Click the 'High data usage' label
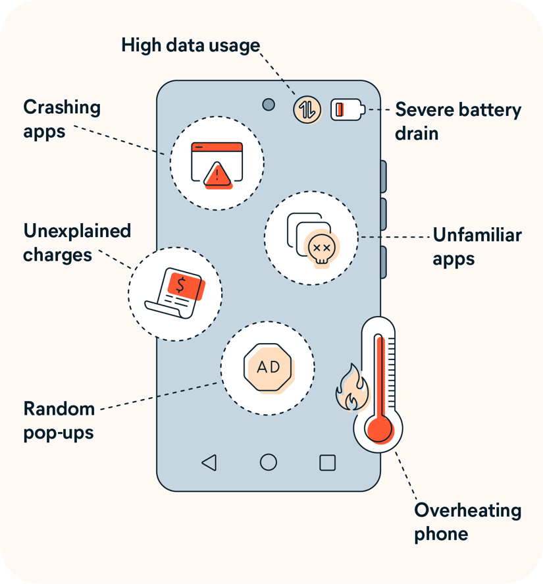[x=191, y=45]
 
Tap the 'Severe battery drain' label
[x=457, y=121]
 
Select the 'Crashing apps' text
[x=62, y=119]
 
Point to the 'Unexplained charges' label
[x=77, y=242]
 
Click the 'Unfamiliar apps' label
[x=477, y=246]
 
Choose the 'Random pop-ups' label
[x=59, y=420]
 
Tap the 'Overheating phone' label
[x=467, y=521]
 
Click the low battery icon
[x=346, y=109]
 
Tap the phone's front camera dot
[x=269, y=105]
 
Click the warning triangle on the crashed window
[x=217, y=175]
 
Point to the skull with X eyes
[x=322, y=248]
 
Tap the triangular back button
[x=209, y=463]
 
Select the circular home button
[x=269, y=462]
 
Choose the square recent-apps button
[x=327, y=462]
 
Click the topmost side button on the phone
[x=383, y=176]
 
